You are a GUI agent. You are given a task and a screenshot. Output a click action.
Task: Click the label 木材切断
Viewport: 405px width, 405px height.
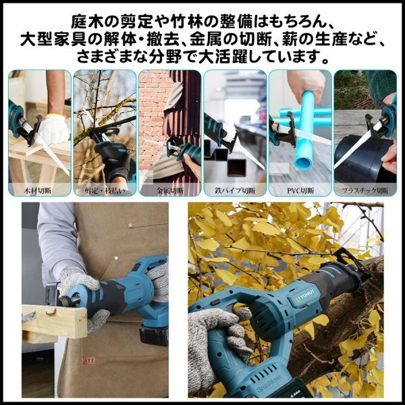(x=39, y=190)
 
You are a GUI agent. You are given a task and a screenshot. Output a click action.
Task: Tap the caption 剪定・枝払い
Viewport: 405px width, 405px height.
(x=104, y=190)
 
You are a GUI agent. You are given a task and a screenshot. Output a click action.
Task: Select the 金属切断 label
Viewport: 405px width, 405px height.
(x=169, y=190)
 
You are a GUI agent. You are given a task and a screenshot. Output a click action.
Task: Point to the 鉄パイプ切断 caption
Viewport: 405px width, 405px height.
(x=234, y=190)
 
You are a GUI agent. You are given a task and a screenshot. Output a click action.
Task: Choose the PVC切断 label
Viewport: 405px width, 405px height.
(x=299, y=190)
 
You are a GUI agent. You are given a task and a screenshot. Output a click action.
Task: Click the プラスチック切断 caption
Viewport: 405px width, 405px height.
(x=364, y=190)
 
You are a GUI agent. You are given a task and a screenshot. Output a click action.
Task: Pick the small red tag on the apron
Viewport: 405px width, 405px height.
(x=90, y=361)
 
